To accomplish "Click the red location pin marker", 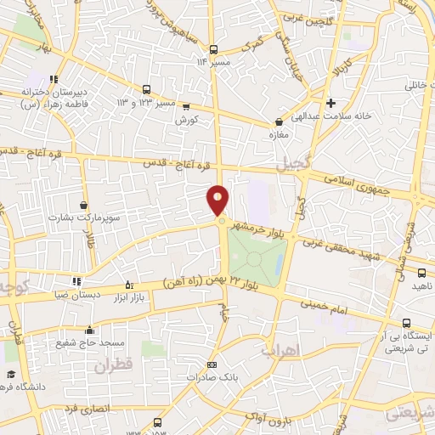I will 218,201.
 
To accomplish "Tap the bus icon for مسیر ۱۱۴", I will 212,49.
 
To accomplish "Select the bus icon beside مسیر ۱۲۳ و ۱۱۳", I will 147,89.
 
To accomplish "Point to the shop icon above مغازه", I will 278,121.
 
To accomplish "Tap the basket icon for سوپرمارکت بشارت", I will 83,205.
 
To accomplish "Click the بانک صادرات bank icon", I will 212,364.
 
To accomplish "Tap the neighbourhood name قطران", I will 115,367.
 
